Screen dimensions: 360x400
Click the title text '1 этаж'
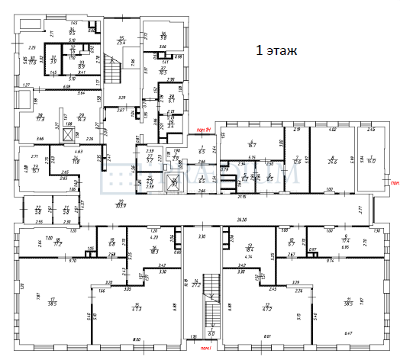[275, 51]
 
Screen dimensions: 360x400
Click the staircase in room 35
[114, 73]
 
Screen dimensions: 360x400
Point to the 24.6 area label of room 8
[332, 161]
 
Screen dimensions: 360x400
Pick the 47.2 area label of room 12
[268, 310]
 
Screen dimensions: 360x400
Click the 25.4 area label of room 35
[121, 43]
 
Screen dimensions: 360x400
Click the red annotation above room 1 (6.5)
[203, 131]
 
